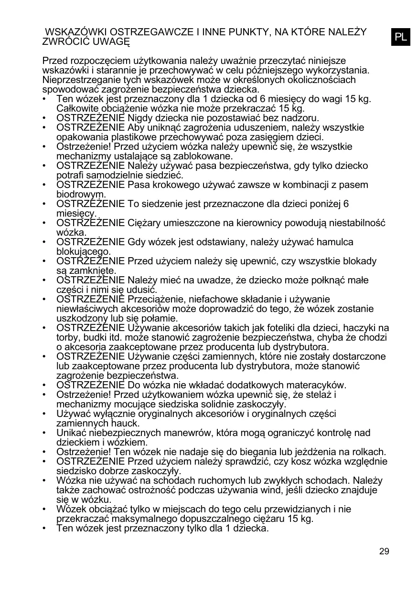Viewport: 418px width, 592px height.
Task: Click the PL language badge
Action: coord(401,37)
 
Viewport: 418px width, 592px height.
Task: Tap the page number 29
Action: coord(384,551)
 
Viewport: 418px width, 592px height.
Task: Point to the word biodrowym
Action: coord(81,195)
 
